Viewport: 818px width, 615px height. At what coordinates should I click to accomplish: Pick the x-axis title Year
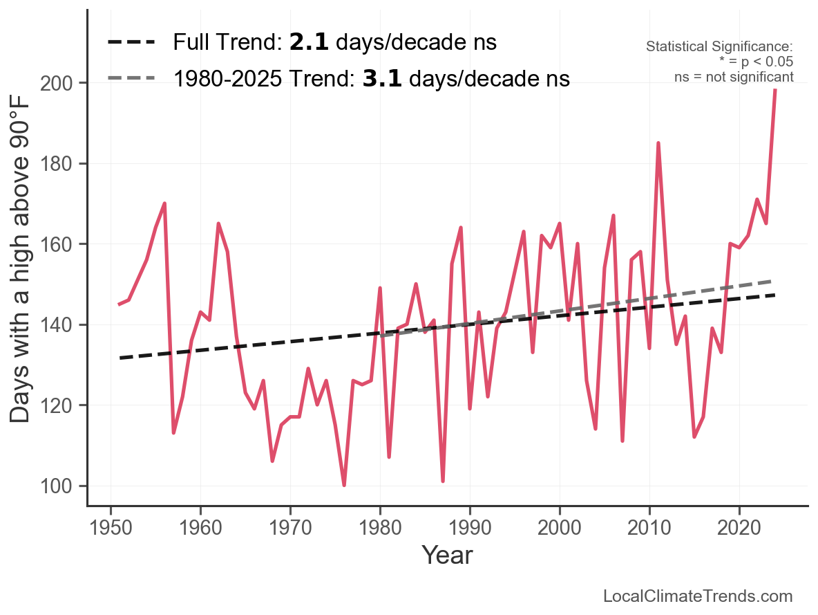click(447, 555)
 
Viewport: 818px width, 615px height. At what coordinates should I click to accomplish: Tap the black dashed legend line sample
click(131, 43)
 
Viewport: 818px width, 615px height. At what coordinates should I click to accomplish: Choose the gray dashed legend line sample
click(131, 79)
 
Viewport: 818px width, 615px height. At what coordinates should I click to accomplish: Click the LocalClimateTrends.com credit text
click(698, 596)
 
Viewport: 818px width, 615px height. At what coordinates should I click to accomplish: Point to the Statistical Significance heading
click(719, 46)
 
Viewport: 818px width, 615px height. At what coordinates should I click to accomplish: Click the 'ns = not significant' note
click(734, 77)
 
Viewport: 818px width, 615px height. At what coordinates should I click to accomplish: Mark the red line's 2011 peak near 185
click(658, 143)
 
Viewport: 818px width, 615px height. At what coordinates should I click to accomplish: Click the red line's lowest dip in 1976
click(344, 485)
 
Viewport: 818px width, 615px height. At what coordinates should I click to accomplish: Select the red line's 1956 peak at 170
click(164, 203)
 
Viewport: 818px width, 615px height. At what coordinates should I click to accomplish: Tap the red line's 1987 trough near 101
click(443, 481)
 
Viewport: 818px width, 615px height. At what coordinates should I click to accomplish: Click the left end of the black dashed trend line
click(120, 358)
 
